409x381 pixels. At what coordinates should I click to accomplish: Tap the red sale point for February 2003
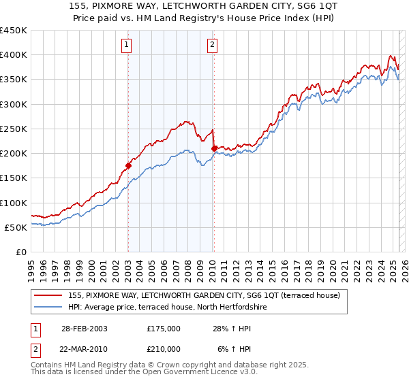(128, 165)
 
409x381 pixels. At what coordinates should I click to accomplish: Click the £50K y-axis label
(17, 227)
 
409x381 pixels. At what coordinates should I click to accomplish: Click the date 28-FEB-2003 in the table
(84, 329)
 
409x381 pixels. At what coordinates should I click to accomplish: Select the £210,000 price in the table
(164, 348)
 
